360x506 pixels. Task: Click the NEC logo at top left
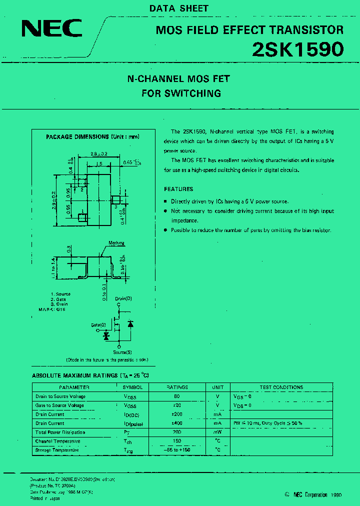coord(51,28)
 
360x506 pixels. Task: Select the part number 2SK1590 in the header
coord(297,49)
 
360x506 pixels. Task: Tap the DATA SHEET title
coord(179,8)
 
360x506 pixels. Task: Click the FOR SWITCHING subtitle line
coord(181,93)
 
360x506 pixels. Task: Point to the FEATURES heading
coord(178,189)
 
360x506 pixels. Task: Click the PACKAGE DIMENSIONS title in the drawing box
coord(92,136)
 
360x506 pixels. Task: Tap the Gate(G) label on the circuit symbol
coord(98,325)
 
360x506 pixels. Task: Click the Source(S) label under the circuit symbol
coord(122,352)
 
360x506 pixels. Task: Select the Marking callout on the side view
coord(116,243)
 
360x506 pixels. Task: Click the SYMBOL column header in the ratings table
coord(133,387)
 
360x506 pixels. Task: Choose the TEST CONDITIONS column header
coord(281,387)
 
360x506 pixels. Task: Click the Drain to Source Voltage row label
coord(60,396)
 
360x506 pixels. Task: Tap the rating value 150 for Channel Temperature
coord(176,441)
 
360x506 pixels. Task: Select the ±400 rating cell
coord(176,423)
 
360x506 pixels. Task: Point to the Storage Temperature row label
coord(57,450)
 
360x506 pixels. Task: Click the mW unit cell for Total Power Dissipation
coord(217,432)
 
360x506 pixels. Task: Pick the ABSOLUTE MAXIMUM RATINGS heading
coord(90,375)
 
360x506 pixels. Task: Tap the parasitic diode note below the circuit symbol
coord(107,359)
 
